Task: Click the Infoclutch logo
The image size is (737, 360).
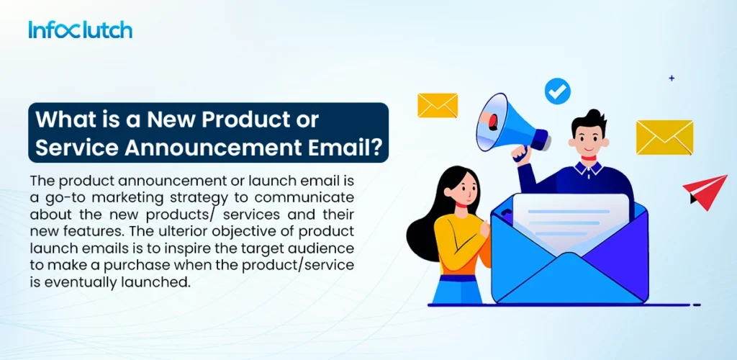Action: pos(80,30)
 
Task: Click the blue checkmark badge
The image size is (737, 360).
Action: pos(557,91)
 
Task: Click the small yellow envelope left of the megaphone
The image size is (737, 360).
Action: pos(438,105)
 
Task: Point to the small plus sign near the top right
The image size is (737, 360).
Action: pos(672,78)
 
